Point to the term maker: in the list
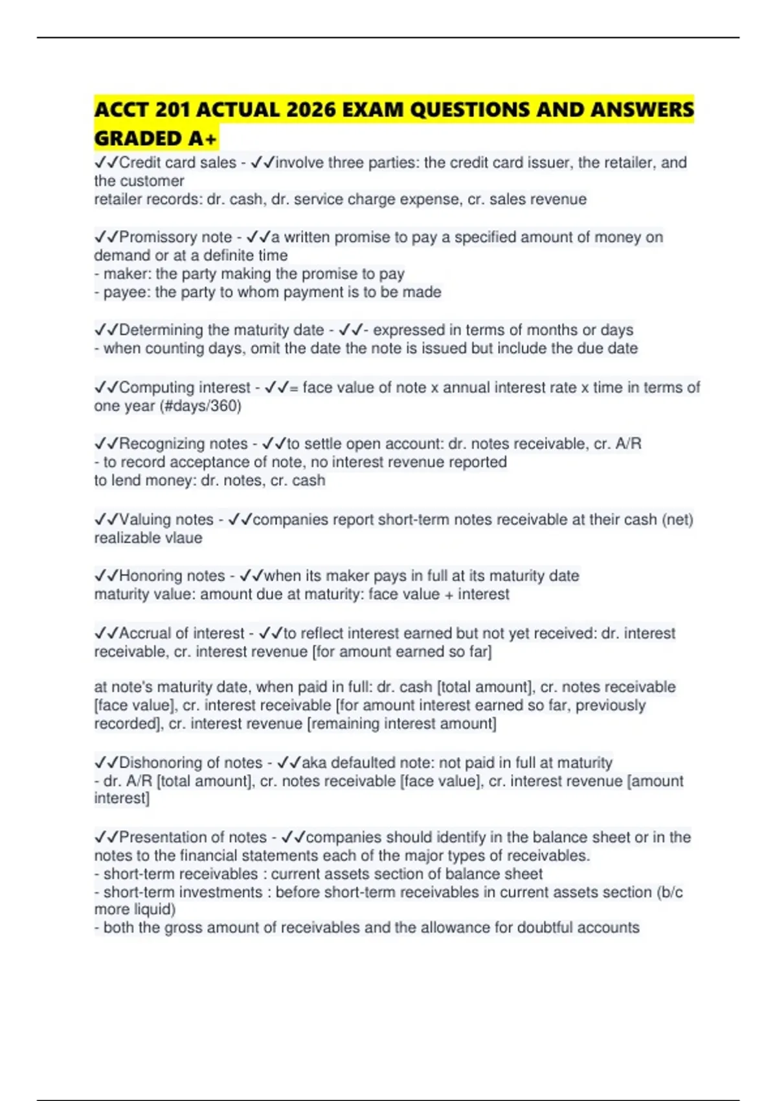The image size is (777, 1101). [x=128, y=274]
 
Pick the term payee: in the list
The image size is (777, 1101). [x=127, y=292]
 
